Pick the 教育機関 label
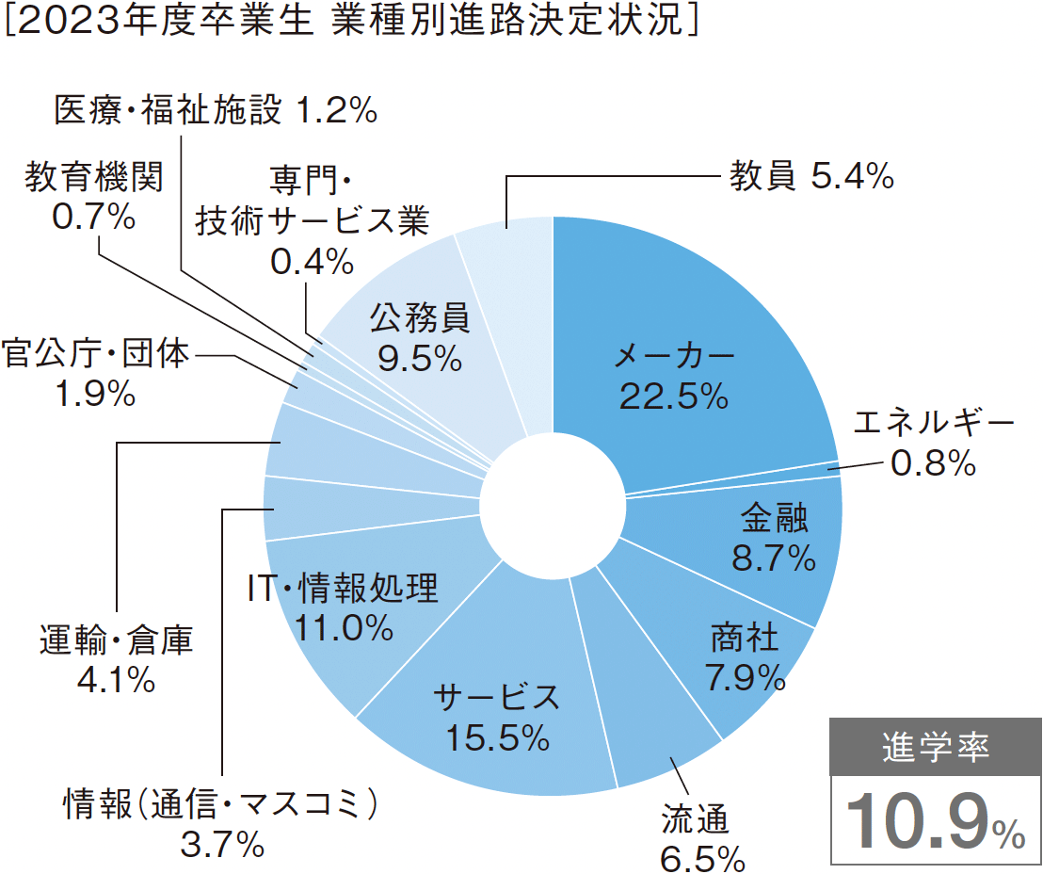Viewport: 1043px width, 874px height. tap(94, 177)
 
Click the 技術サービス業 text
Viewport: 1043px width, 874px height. tap(312, 221)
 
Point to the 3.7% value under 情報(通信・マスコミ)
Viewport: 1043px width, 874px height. tap(221, 845)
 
